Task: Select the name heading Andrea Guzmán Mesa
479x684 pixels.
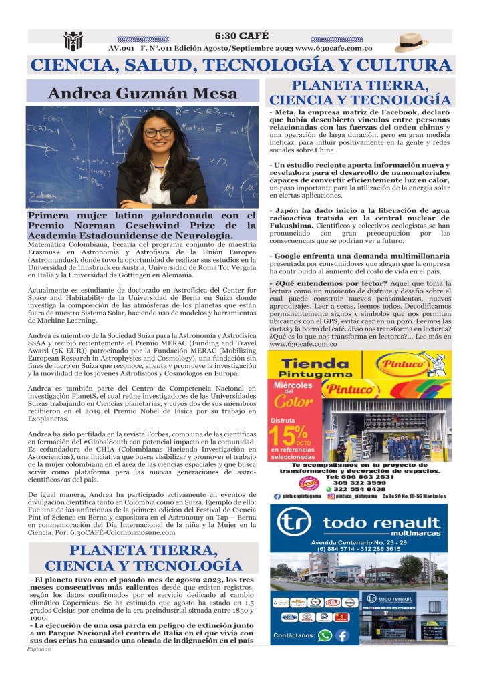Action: click(142, 92)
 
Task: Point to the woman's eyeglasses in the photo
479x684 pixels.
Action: click(158, 133)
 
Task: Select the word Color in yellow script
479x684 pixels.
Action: click(293, 402)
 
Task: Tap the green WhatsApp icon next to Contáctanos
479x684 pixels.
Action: click(325, 635)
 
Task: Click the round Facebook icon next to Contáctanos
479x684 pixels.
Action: click(343, 635)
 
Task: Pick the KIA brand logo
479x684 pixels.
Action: click(331, 603)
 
